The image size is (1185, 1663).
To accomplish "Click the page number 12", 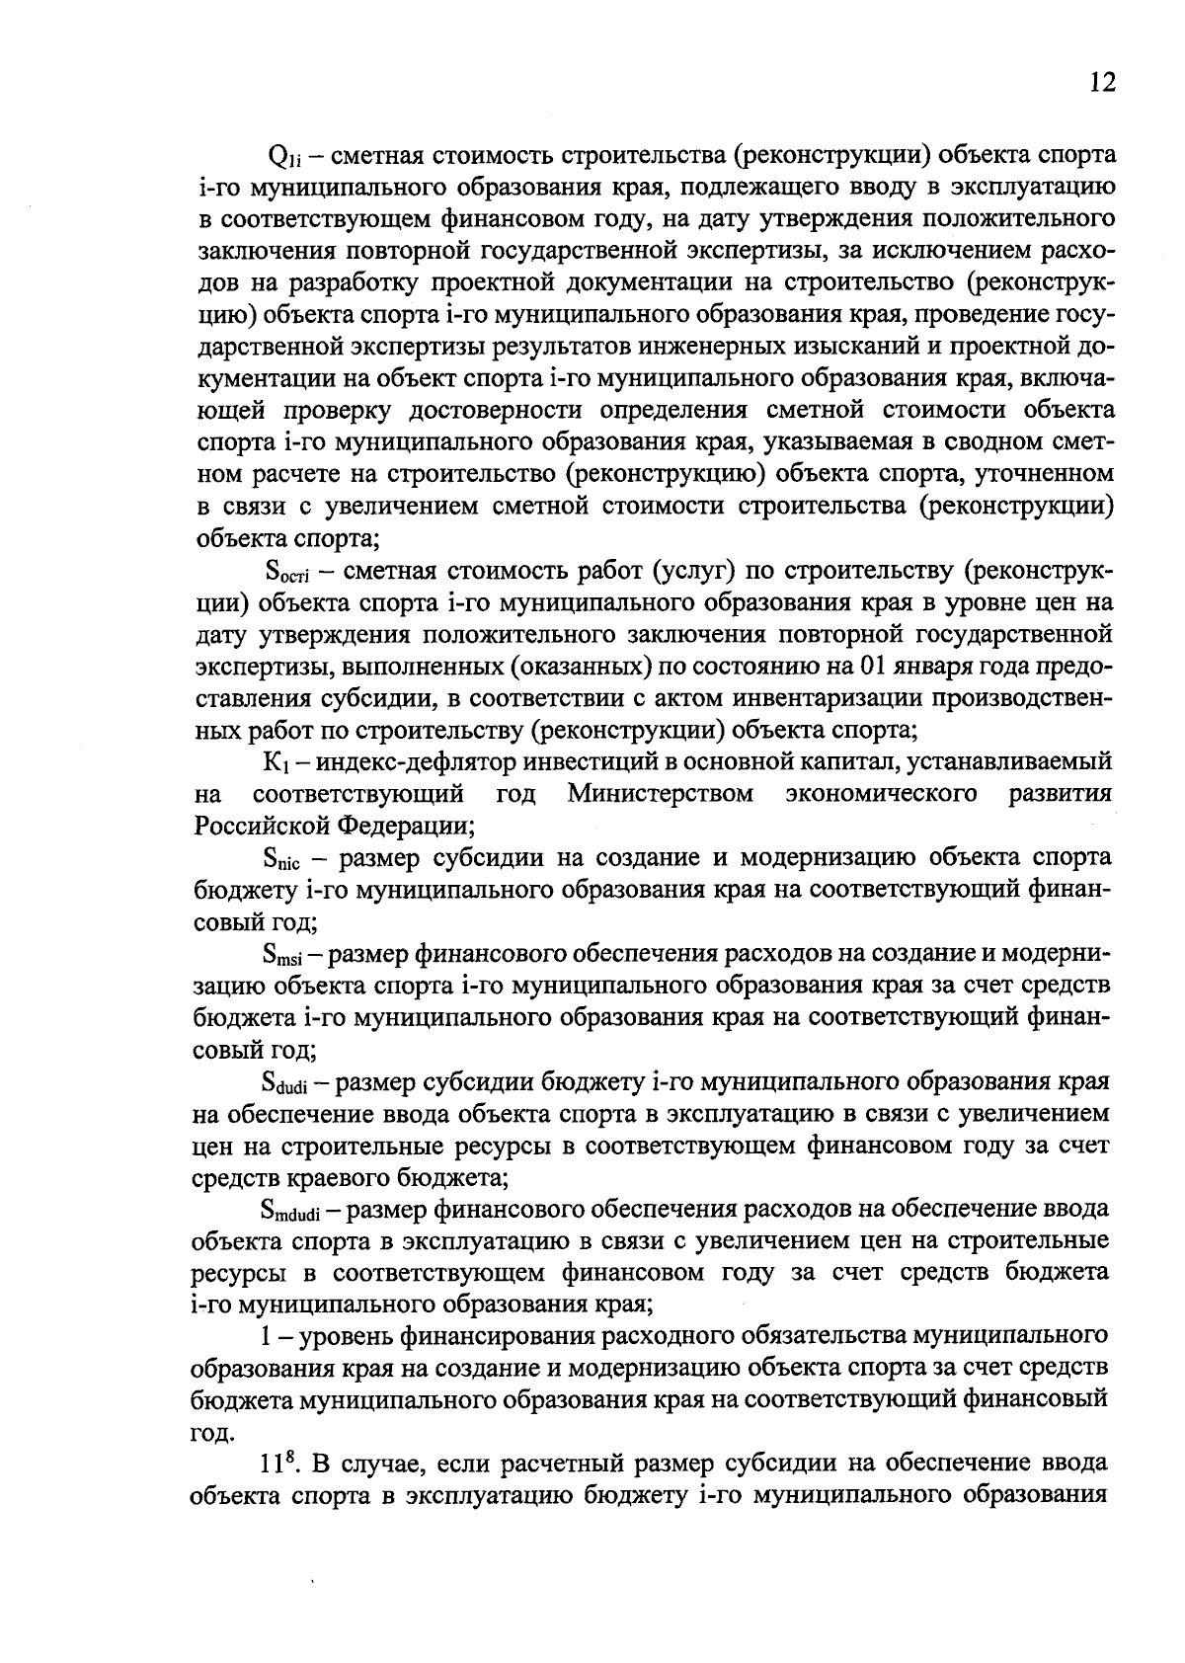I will pyautogui.click(x=1103, y=82).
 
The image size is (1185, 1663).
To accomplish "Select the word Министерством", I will pyautogui.click(x=661, y=794).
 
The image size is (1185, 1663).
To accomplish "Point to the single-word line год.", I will pyautogui.click(x=212, y=1431).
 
